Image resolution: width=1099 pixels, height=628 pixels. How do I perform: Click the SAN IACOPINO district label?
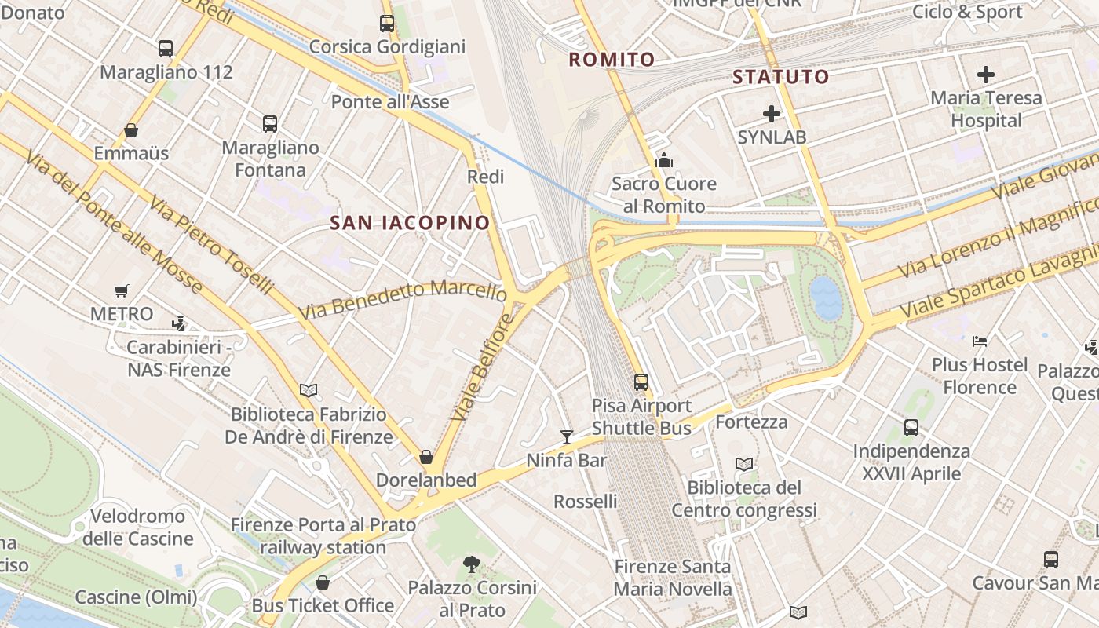click(x=410, y=223)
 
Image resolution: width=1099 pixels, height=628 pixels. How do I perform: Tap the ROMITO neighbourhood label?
click(x=612, y=60)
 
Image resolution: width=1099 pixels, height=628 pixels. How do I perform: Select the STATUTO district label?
click(x=780, y=77)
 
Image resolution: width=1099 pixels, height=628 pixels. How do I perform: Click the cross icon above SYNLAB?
click(x=772, y=114)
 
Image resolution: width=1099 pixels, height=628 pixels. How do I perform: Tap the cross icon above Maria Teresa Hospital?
click(x=986, y=75)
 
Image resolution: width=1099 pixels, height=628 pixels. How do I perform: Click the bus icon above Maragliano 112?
click(x=166, y=49)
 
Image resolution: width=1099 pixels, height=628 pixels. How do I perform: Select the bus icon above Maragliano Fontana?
click(x=270, y=124)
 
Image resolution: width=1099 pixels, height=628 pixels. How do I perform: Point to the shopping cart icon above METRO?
click(x=121, y=291)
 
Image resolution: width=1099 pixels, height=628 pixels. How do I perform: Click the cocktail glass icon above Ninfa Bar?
click(x=566, y=436)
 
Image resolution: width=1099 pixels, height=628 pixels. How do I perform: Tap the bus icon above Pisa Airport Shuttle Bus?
click(x=641, y=382)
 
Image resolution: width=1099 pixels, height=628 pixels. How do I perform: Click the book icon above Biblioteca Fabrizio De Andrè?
click(x=309, y=390)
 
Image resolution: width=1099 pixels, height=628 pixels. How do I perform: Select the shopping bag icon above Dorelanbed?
click(x=426, y=456)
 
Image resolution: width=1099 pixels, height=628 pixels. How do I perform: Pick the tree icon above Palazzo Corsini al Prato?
click(x=472, y=563)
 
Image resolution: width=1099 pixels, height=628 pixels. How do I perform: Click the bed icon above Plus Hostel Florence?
click(x=979, y=341)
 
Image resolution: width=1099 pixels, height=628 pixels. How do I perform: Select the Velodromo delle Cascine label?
click(x=138, y=528)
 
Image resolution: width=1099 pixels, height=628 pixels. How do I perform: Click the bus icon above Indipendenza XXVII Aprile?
click(x=911, y=428)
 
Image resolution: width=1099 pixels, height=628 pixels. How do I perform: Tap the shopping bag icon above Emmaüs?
click(x=131, y=130)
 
